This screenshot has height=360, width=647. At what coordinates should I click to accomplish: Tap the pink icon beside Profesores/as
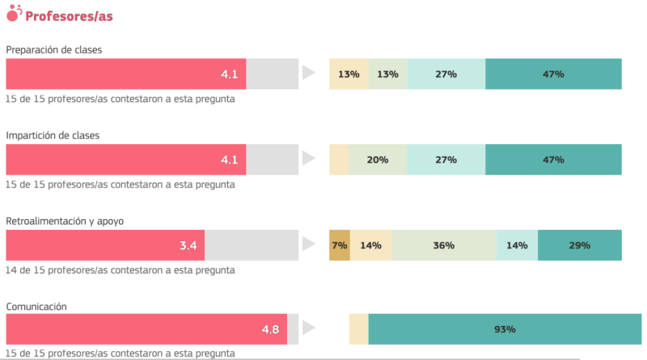point(14,13)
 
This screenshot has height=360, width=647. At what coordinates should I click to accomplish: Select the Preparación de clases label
point(54,50)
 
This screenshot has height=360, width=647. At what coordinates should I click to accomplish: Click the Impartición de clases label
point(53,135)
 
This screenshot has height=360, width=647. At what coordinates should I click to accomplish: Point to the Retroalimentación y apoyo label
point(65,221)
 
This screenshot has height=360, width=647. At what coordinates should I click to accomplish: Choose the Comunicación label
point(36,307)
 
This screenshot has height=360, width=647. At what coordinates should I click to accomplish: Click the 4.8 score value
point(270,329)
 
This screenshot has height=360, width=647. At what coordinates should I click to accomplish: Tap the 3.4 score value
point(188,245)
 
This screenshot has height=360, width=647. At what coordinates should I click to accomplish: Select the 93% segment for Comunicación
point(505,329)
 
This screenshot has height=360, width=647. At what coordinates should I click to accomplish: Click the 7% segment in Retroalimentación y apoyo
point(339,245)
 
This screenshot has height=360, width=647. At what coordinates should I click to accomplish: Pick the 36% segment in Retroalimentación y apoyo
point(444,245)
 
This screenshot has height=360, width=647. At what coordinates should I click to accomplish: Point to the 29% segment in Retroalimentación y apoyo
point(579,245)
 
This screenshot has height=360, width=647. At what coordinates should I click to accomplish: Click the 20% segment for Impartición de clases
point(378,159)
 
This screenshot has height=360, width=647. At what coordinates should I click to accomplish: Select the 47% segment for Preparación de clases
point(553,74)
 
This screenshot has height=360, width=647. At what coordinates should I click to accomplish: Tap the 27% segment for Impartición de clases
point(446,159)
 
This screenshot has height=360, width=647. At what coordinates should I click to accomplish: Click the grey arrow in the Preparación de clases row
point(308,74)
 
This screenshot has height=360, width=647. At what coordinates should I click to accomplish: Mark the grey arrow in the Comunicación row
point(308,329)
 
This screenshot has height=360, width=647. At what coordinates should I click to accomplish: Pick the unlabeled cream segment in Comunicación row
point(358,329)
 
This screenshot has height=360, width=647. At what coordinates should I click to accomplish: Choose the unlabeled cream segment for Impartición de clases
point(339,159)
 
